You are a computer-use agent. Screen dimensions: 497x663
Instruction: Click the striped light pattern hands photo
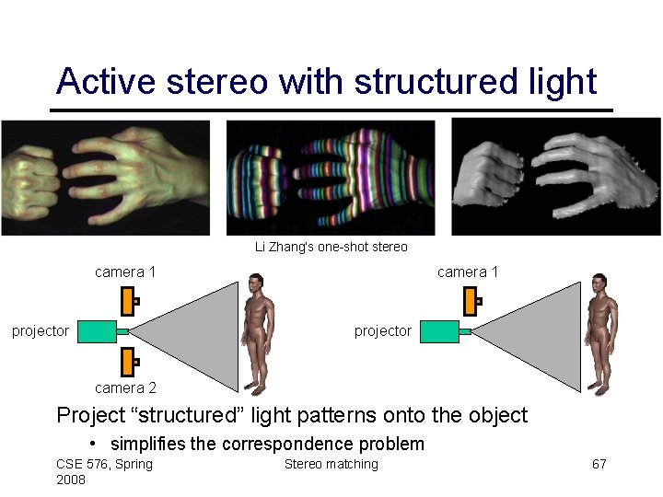pyautogui.click(x=331, y=179)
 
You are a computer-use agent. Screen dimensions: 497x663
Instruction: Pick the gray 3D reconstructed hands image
pyautogui.click(x=555, y=179)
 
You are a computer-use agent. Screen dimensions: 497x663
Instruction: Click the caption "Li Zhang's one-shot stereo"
pyautogui.click(x=331, y=247)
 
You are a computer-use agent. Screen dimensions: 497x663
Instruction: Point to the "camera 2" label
pyautogui.click(x=125, y=387)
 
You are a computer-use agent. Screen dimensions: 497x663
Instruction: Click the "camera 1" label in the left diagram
pyautogui.click(x=125, y=272)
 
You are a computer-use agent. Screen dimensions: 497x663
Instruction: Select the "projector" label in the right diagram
pyautogui.click(x=383, y=331)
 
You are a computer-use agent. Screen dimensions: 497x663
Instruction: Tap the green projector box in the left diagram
pyautogui.click(x=97, y=331)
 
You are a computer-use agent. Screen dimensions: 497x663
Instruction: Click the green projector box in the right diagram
pyautogui.click(x=439, y=331)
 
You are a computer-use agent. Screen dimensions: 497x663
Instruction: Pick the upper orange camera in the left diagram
pyautogui.click(x=130, y=301)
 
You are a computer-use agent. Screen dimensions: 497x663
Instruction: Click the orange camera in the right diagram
pyautogui.click(x=472, y=301)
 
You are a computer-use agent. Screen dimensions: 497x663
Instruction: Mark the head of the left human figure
pyautogui.click(x=255, y=282)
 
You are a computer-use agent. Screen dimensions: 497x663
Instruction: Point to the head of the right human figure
pyautogui.click(x=599, y=282)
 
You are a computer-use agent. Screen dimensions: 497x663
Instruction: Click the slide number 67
pyautogui.click(x=599, y=464)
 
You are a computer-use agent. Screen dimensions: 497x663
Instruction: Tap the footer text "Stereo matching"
pyautogui.click(x=331, y=464)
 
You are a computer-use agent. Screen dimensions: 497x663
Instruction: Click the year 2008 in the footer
pyautogui.click(x=71, y=480)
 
